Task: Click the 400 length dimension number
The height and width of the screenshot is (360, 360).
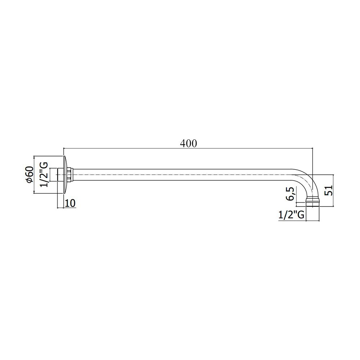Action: (x=188, y=144)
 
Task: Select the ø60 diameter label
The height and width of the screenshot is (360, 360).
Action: (x=30, y=175)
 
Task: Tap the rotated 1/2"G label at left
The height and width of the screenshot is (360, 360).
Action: (x=44, y=175)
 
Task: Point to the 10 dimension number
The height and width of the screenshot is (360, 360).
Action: (x=71, y=203)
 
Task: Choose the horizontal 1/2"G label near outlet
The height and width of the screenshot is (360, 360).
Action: (x=291, y=215)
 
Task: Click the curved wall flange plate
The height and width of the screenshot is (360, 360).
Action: (x=65, y=175)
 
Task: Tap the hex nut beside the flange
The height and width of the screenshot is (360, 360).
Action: (x=70, y=175)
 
